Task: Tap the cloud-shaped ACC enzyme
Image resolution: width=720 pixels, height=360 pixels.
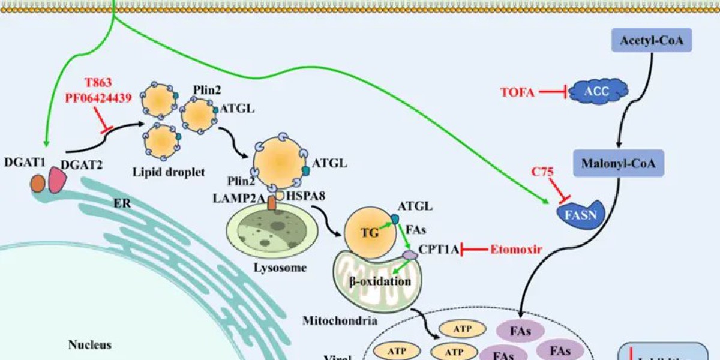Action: click(596, 92)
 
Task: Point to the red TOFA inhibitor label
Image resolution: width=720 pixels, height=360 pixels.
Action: click(518, 92)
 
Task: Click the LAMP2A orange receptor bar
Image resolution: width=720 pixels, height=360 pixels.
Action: click(272, 203)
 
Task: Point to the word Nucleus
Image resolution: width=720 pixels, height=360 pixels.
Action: click(89, 345)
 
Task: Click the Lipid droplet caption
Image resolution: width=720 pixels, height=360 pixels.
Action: click(169, 172)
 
